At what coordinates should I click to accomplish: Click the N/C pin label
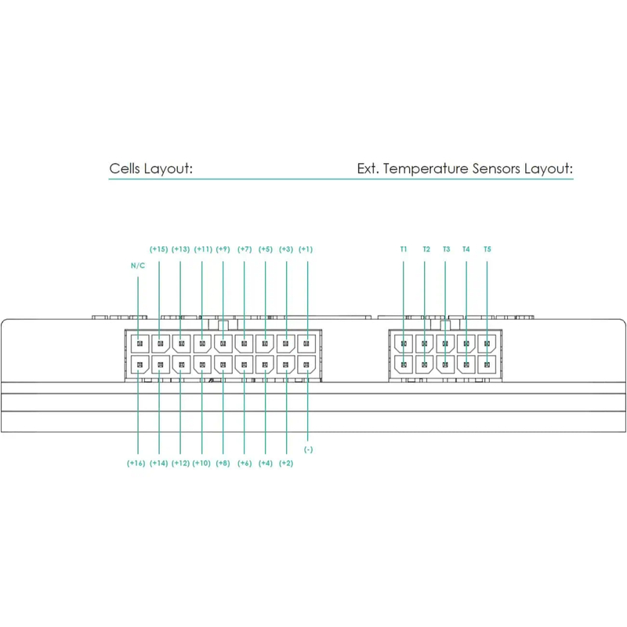click(138, 266)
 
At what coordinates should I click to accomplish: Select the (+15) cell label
click(159, 249)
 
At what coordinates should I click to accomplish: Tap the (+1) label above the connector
click(306, 249)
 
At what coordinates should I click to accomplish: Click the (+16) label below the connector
click(136, 463)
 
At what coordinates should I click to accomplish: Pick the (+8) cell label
click(223, 463)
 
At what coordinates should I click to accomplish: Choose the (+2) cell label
click(286, 463)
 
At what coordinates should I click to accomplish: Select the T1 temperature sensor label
click(404, 249)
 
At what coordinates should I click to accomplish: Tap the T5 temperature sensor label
click(487, 249)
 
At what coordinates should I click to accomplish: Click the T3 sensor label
click(446, 249)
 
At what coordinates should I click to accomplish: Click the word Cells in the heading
click(126, 169)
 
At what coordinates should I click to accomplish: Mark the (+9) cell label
click(223, 249)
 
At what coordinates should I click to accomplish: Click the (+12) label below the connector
click(180, 463)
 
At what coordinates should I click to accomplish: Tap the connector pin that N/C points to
click(139, 343)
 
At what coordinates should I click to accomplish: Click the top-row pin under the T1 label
click(404, 343)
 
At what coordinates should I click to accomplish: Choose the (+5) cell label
click(265, 249)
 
